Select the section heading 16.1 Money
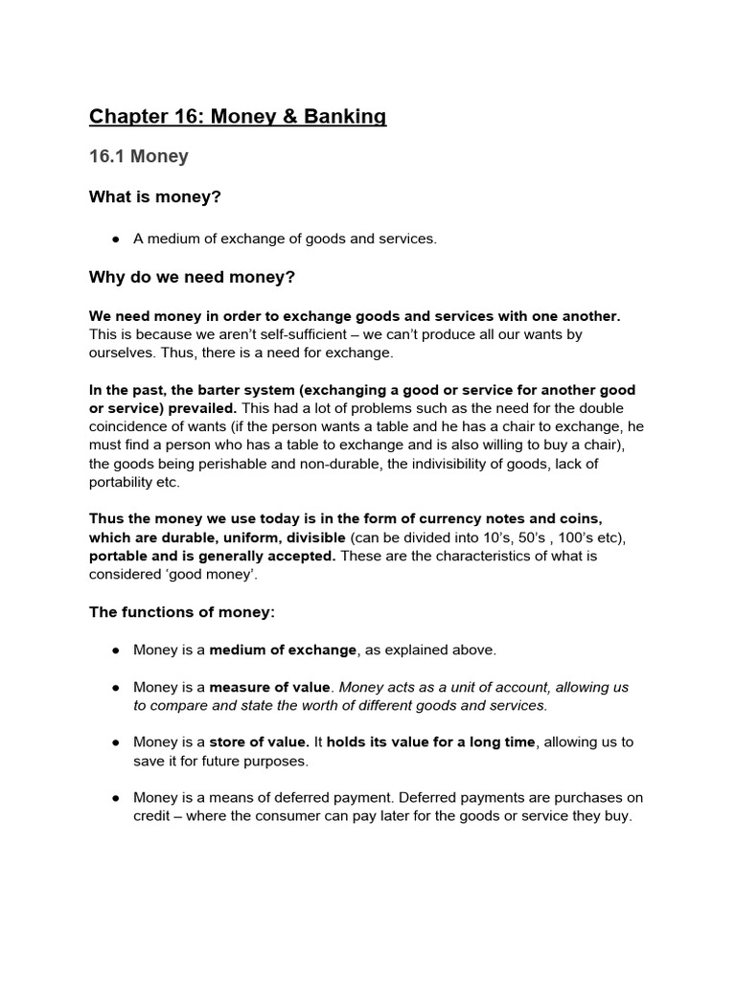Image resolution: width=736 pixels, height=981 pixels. [x=139, y=156]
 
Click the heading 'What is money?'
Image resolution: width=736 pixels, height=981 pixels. [x=154, y=197]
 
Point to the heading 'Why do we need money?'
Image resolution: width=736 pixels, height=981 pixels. [x=192, y=278]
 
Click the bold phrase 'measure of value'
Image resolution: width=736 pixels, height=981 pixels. [x=270, y=687]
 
